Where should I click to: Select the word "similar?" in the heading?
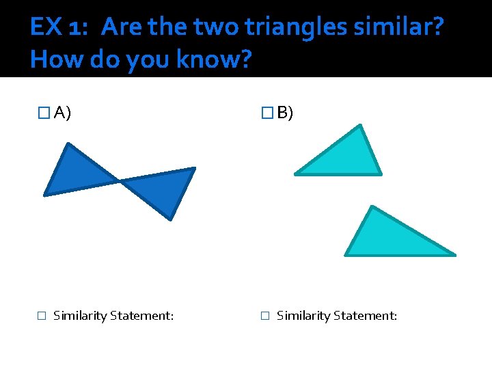coord(407,27)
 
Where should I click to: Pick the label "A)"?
coord(63,113)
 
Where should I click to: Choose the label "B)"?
coord(285,113)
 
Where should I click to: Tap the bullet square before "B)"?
coord(267,113)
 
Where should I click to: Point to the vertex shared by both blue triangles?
coord(120,181)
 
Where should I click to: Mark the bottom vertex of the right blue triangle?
coord(170,219)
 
